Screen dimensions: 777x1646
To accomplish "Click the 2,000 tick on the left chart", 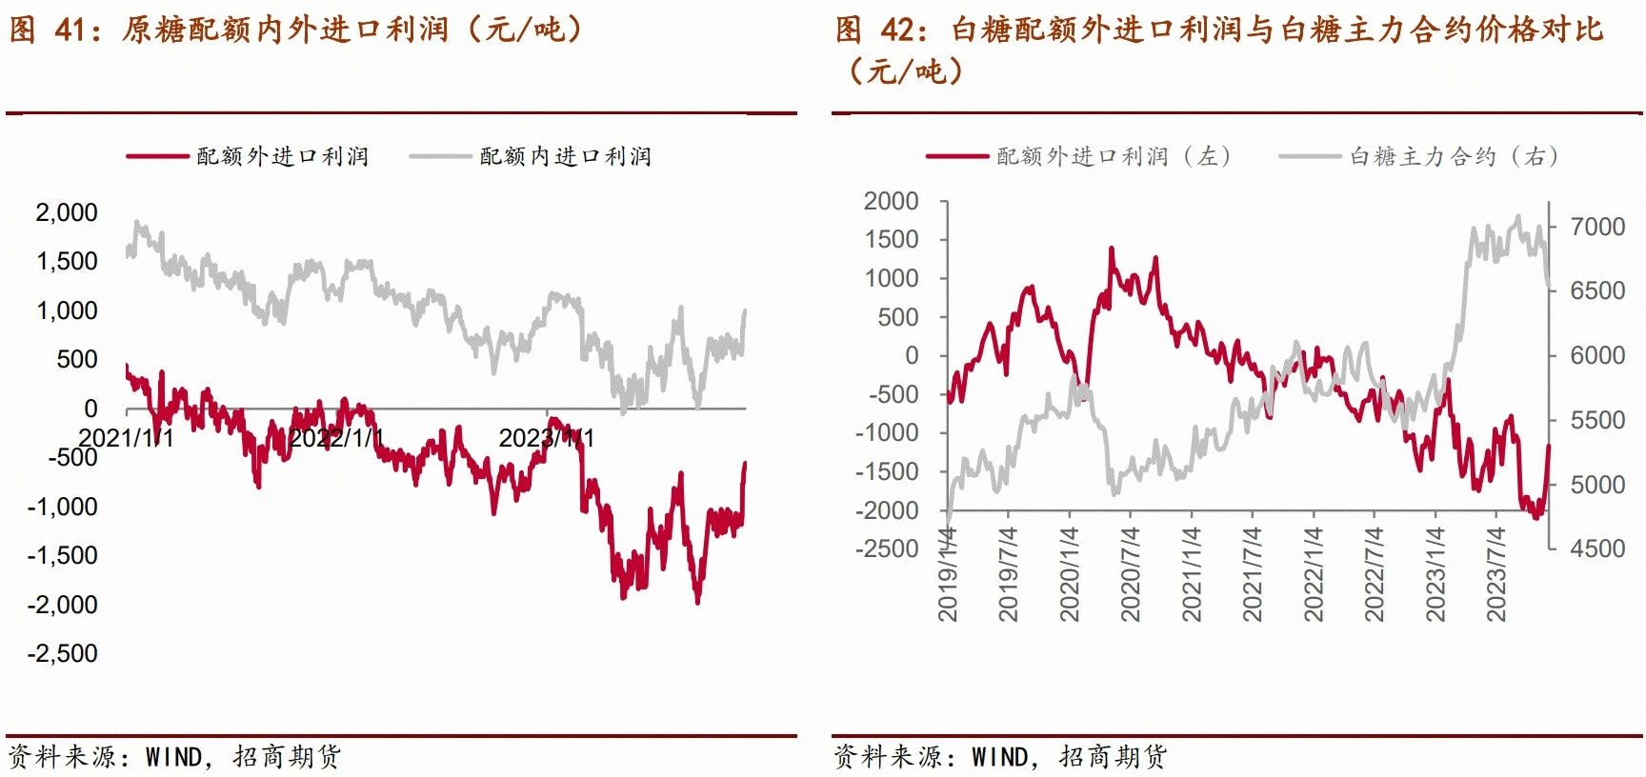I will (x=67, y=212).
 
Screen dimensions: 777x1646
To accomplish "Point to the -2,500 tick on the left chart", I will (x=63, y=653).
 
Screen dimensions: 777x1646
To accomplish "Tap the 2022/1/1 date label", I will (x=336, y=438).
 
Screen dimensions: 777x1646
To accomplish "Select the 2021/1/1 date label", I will (x=126, y=438).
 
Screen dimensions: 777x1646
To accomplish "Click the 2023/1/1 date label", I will (x=547, y=438).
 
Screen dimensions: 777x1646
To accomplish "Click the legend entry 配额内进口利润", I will (x=565, y=156).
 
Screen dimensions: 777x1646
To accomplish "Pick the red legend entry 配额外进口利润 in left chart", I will (x=282, y=156).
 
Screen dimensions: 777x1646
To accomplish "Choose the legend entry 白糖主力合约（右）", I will (x=1454, y=156).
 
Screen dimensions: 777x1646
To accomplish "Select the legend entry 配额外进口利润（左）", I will (x=1114, y=156).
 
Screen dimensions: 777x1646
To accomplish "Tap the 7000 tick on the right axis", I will (x=1597, y=227).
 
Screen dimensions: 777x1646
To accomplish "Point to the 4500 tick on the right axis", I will (x=1597, y=548).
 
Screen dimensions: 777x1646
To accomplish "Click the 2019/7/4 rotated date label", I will (x=1009, y=574).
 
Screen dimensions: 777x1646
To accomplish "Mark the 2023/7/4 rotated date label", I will (x=1496, y=574).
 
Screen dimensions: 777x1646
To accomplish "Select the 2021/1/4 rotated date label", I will (x=1192, y=574).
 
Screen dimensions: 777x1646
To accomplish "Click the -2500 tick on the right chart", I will (x=887, y=548).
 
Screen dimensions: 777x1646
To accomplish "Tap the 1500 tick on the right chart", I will (x=892, y=239).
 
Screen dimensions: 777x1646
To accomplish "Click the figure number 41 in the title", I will (x=71, y=30).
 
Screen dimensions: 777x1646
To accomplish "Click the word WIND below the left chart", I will (x=174, y=757).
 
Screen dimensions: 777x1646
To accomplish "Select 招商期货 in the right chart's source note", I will (x=1113, y=757).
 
